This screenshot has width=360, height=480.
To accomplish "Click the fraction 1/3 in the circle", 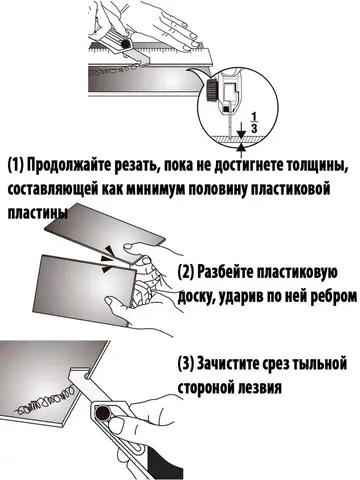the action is (254, 122).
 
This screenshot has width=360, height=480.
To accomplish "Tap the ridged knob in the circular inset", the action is (211, 91).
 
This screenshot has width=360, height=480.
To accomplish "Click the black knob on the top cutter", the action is (126, 44).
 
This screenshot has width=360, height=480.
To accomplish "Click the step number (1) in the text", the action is (16, 165).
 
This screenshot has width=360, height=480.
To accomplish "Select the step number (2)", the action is (186, 273).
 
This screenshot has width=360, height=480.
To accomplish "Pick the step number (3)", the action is (186, 364).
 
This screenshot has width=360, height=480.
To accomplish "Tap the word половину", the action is (218, 189).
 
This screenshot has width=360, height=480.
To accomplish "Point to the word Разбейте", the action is (226, 273).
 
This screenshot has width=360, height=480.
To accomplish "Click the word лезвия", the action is (261, 388).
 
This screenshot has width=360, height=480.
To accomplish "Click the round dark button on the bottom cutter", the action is (103, 413).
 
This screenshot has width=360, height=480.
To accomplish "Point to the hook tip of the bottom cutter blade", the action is (87, 376).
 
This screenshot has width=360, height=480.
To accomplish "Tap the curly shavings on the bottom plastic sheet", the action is (45, 400).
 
